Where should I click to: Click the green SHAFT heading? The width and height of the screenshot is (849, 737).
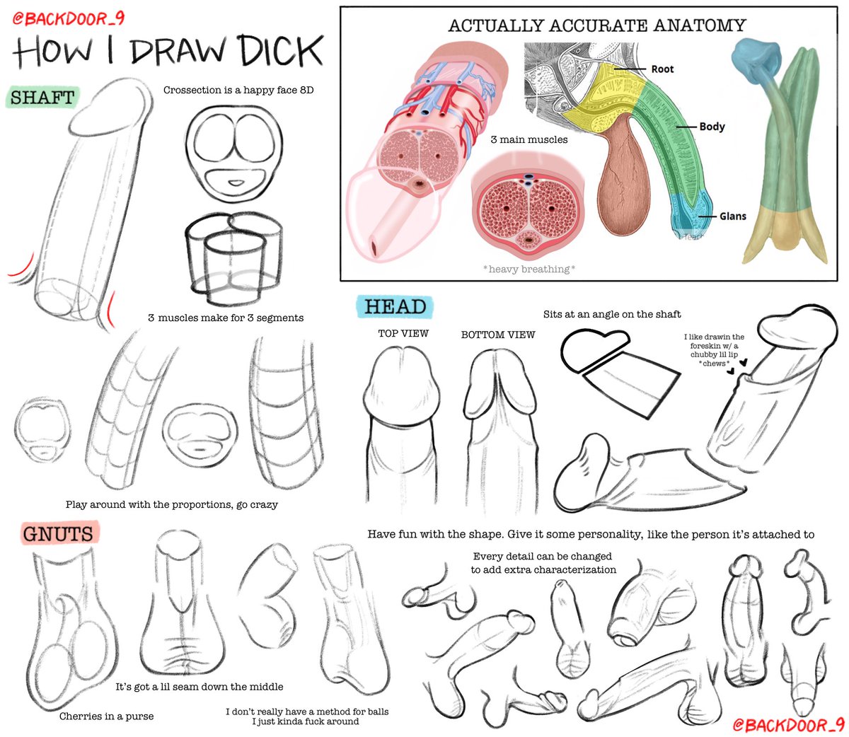(x=42, y=97)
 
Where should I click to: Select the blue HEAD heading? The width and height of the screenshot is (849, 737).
(x=395, y=307)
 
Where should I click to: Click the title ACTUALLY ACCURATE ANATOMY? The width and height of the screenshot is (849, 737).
(x=596, y=25)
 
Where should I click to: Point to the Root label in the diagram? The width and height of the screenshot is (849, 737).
(x=662, y=69)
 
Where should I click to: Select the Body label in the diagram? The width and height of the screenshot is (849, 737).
(x=712, y=126)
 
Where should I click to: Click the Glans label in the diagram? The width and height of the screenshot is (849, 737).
(x=732, y=216)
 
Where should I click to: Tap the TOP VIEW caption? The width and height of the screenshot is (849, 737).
(x=403, y=333)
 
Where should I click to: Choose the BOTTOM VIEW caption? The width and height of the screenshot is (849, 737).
(x=498, y=335)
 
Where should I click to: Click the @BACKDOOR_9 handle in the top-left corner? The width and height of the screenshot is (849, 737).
(x=68, y=18)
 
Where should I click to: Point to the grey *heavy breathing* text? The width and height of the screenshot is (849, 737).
(x=529, y=269)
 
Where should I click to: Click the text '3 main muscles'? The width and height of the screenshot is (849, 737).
(x=529, y=139)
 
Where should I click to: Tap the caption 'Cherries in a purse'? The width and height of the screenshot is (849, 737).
(x=106, y=716)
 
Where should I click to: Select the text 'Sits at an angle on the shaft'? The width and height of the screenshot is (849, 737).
(x=612, y=313)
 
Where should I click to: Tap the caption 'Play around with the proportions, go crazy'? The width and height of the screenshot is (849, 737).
(x=171, y=504)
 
